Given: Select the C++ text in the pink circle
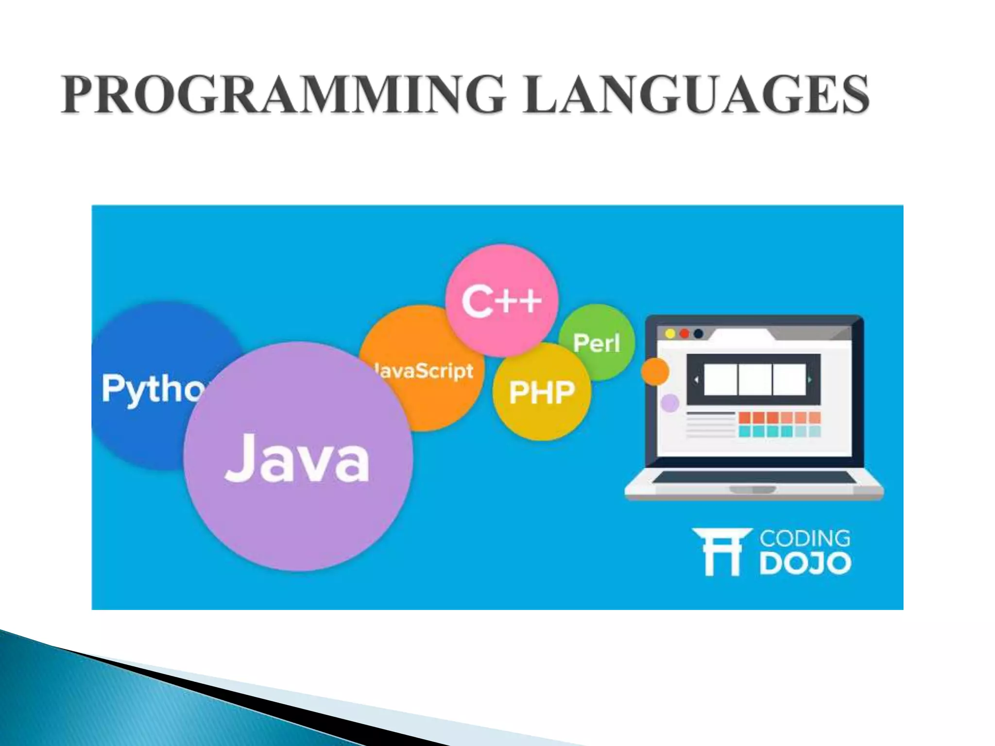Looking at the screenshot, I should (x=501, y=302).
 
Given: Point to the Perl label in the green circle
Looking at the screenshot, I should (x=597, y=343).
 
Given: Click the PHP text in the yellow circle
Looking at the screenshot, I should (x=542, y=392).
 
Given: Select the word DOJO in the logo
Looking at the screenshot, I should (x=805, y=563).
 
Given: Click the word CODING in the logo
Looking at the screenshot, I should (x=805, y=539).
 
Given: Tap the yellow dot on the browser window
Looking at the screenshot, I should (x=670, y=334).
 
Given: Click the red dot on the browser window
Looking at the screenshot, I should (x=684, y=334).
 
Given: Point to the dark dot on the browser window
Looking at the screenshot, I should (x=698, y=334).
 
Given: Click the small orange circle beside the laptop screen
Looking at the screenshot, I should (x=655, y=372).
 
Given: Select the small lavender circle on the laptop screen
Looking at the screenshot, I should (x=670, y=403).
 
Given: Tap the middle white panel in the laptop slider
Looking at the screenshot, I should (x=755, y=379).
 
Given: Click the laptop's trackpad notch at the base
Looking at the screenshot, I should (x=753, y=490).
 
